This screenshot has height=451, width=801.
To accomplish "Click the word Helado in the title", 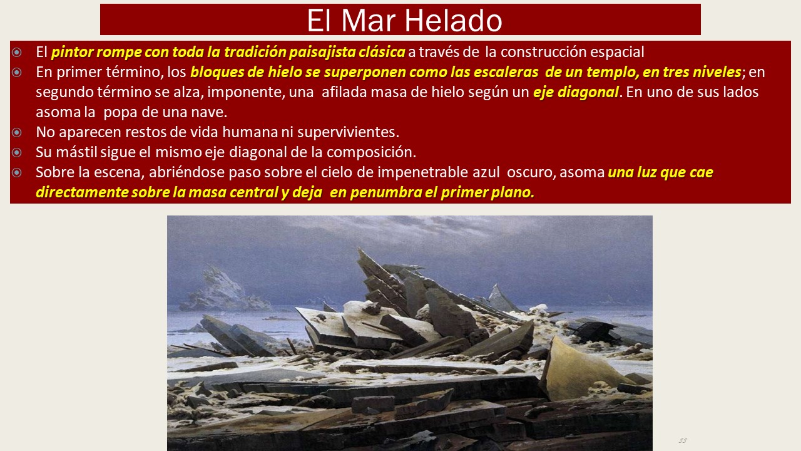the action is pyautogui.click(x=454, y=21).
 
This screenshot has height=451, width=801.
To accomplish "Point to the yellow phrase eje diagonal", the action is pyautogui.click(x=576, y=92).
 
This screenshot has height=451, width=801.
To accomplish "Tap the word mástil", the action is pyautogui.click(x=76, y=152).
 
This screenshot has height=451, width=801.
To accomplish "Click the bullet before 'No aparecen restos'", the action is pyautogui.click(x=17, y=132).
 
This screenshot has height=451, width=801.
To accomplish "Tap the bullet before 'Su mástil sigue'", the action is pyautogui.click(x=17, y=152).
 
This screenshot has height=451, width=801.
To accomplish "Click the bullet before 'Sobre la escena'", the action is pyautogui.click(x=17, y=172).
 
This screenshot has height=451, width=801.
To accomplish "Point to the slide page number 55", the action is pyautogui.click(x=683, y=440).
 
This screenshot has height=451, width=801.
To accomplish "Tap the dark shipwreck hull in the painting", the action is pyautogui.click(x=594, y=332).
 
